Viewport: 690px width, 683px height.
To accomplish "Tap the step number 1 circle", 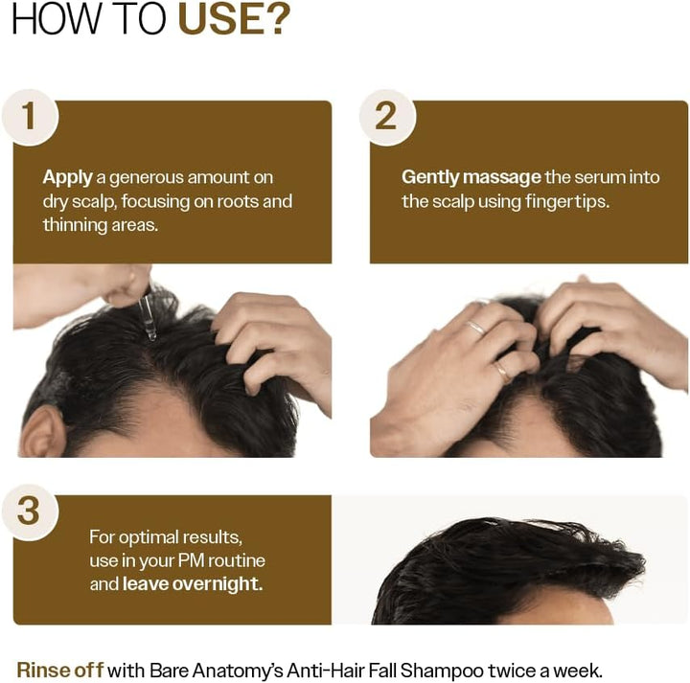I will coord(30,117).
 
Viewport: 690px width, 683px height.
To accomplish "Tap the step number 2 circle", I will coord(385,117).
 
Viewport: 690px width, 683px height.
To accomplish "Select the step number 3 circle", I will coord(30,511).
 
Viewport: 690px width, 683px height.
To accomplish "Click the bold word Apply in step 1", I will coord(67,177).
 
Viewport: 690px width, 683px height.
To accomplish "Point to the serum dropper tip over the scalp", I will coord(149,333).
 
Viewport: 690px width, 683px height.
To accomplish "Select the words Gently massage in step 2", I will coord(471,177).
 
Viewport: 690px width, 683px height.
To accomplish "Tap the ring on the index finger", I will coord(476,328).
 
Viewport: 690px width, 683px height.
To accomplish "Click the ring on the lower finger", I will coord(502,369).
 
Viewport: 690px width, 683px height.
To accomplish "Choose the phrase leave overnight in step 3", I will coord(193,583).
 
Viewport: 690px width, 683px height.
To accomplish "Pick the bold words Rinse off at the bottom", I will coord(59,670).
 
